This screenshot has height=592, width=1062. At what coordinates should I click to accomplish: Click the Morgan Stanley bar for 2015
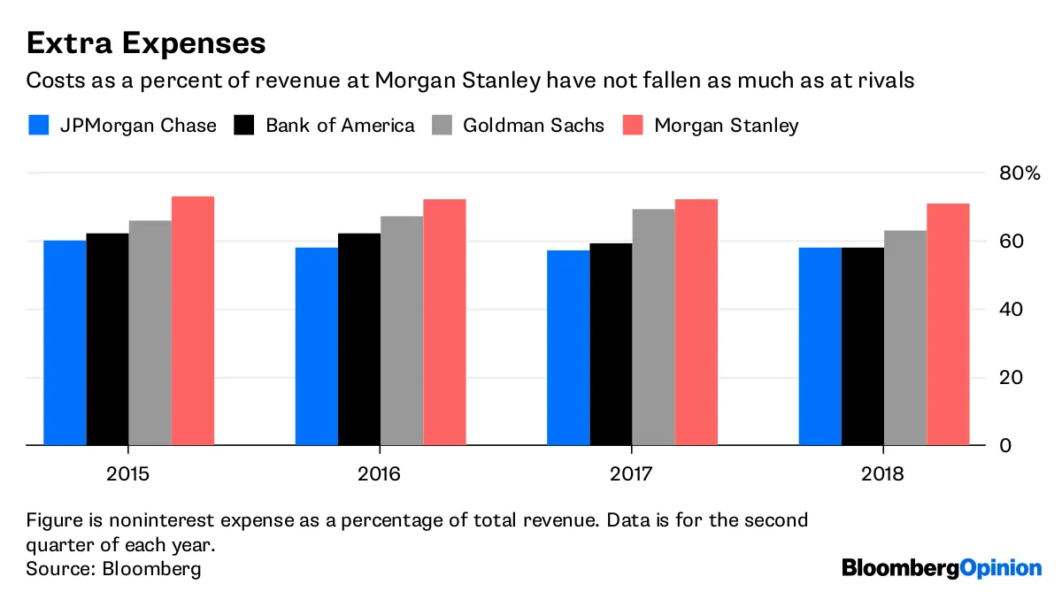pyautogui.click(x=193, y=320)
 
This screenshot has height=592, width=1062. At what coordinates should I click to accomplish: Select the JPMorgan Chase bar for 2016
pyautogui.click(x=317, y=346)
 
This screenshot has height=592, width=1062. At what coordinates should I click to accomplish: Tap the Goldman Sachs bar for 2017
pyautogui.click(x=654, y=327)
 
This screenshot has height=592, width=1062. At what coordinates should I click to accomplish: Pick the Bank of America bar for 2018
pyautogui.click(x=863, y=346)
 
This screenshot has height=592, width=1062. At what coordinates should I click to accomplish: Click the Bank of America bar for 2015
pyautogui.click(x=108, y=339)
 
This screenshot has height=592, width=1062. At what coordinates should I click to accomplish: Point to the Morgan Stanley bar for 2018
pyautogui.click(x=948, y=324)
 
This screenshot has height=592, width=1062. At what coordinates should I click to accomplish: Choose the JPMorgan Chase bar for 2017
pyautogui.click(x=568, y=348)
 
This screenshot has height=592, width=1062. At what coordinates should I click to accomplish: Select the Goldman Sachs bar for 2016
pyautogui.click(x=402, y=330)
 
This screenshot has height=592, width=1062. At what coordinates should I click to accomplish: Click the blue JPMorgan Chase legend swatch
pyautogui.click(x=38, y=125)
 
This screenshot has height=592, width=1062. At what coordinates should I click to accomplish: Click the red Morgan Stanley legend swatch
pyautogui.click(x=632, y=125)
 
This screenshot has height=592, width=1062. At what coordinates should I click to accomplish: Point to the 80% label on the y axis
pyautogui.click(x=1020, y=173)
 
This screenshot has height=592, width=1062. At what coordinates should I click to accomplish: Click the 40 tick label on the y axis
pyautogui.click(x=1012, y=309)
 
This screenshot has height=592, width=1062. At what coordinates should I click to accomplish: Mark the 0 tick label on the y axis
pyautogui.click(x=1004, y=445)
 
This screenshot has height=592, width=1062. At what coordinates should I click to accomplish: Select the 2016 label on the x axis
pyautogui.click(x=380, y=474)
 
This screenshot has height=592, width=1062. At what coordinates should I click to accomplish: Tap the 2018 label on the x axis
pyautogui.click(x=883, y=474)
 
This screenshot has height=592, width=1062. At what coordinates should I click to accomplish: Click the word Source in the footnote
pyautogui.click(x=55, y=568)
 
